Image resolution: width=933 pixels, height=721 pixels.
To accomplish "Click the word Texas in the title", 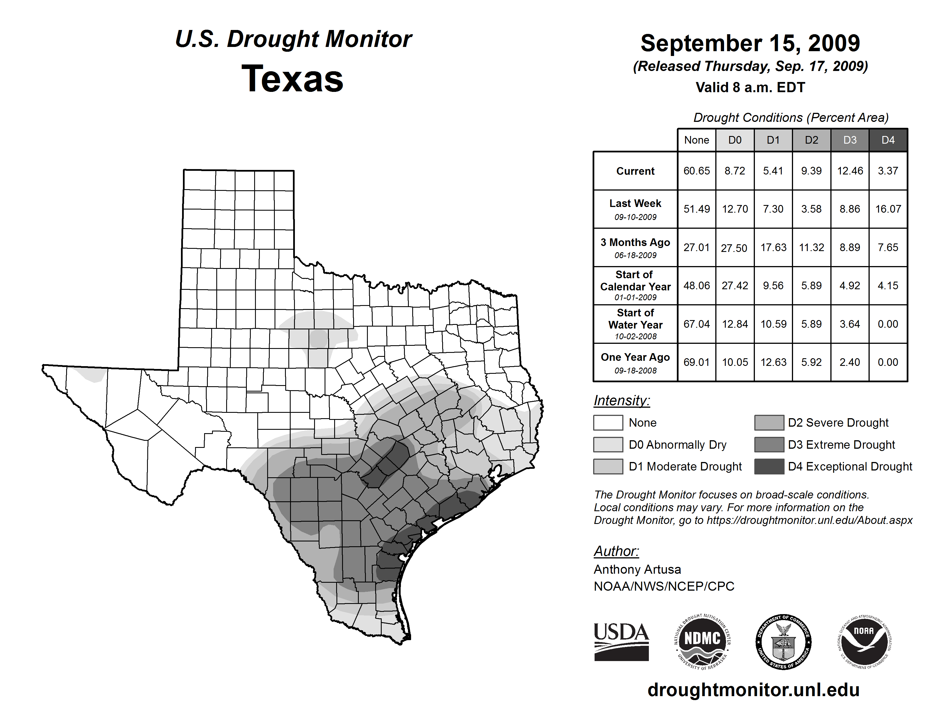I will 292,79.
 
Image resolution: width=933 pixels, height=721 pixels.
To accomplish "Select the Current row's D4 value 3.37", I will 888,171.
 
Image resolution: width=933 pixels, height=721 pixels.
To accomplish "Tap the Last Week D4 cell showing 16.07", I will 888,209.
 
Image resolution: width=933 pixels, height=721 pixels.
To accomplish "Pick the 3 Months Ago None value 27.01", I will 696,247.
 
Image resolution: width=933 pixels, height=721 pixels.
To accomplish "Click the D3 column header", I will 850,140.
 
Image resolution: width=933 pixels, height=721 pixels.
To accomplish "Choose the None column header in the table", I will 696,140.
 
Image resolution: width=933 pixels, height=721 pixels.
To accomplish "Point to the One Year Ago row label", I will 635,362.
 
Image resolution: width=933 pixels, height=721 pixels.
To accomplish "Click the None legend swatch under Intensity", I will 608,422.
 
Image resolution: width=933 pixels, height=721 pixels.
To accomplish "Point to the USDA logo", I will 621,642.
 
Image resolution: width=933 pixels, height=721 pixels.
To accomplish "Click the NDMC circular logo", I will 702,642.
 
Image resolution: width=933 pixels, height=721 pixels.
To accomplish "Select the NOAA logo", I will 864,642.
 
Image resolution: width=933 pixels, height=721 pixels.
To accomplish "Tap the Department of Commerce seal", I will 783,642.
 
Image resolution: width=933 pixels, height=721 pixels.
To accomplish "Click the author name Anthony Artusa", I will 637,569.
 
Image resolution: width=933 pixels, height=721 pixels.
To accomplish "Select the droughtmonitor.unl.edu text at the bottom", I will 753,690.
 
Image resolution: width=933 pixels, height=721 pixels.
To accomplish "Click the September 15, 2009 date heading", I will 750,44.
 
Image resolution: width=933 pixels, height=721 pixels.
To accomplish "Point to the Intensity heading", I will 621,401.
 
